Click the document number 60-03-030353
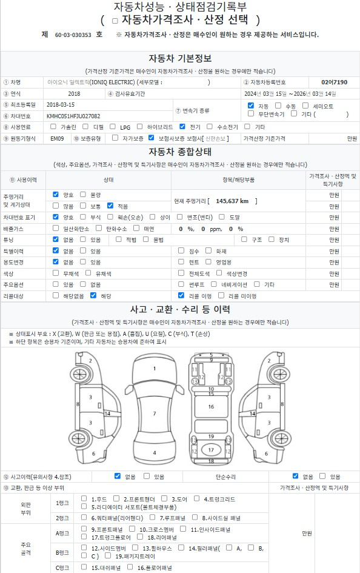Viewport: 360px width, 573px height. click(x=73, y=35)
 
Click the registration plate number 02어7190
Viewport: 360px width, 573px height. click(x=335, y=82)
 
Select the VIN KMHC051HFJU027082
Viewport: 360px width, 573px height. click(x=73, y=116)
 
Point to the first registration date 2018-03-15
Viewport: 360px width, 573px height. click(x=61, y=104)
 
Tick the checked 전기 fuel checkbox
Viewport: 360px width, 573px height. click(x=182, y=127)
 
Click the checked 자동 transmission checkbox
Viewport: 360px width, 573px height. click(x=251, y=106)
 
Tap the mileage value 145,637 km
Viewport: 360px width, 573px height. click(x=232, y=201)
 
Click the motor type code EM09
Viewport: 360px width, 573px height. click(x=57, y=138)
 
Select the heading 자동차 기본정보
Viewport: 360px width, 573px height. click(x=180, y=58)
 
